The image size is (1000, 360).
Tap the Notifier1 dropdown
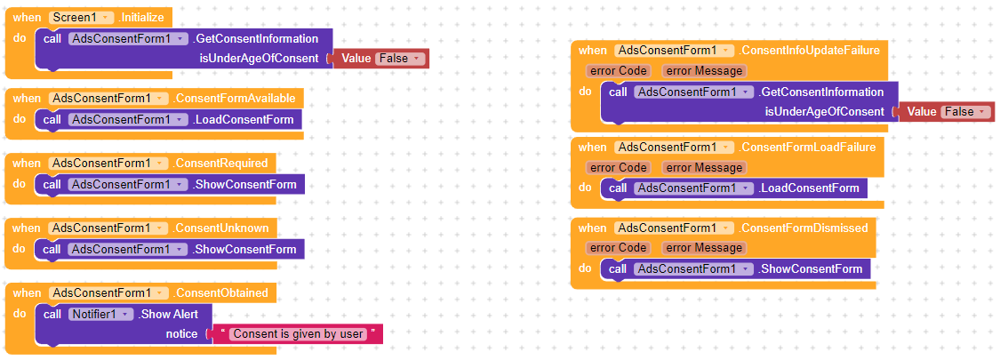click(101, 314)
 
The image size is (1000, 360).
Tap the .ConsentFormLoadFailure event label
click(808, 147)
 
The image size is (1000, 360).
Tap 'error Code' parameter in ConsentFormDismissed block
click(619, 248)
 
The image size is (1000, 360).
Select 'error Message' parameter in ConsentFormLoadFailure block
click(703, 167)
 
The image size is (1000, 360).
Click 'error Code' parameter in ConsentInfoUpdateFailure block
click(619, 71)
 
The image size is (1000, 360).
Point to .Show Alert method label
click(175, 314)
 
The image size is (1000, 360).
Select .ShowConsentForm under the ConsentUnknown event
click(244, 249)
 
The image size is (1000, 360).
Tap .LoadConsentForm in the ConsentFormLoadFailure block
click(809, 188)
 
